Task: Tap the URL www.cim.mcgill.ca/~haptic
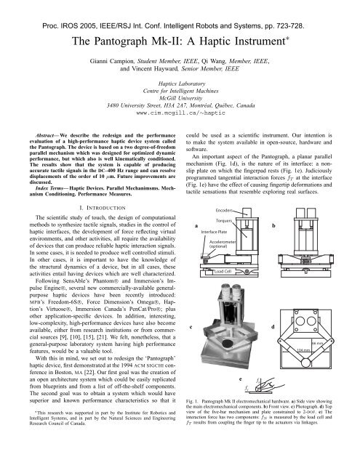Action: [179, 114]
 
